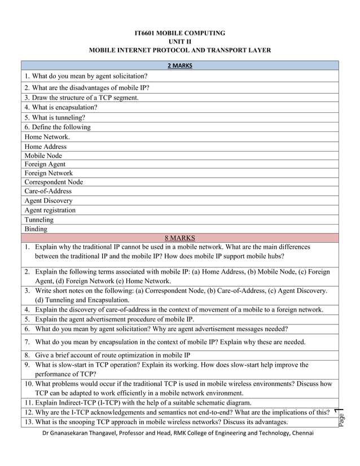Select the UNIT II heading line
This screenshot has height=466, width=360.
coord(180,42)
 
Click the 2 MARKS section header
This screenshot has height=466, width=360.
coord(180,65)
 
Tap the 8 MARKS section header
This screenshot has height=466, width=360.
coord(180,238)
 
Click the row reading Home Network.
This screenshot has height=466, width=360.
coord(47,137)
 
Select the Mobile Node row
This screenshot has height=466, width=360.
coord(43,156)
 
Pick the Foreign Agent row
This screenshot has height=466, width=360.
coord(45,164)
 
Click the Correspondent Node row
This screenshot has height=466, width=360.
coord(54,182)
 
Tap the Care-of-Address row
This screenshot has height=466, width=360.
coord(48,191)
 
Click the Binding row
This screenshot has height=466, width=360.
coord(36,229)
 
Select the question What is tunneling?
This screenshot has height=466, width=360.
coord(55,117)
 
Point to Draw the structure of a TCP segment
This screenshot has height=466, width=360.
coord(81,98)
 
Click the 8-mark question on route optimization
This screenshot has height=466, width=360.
coord(112,355)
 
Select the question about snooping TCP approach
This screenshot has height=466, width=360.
coord(161,422)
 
